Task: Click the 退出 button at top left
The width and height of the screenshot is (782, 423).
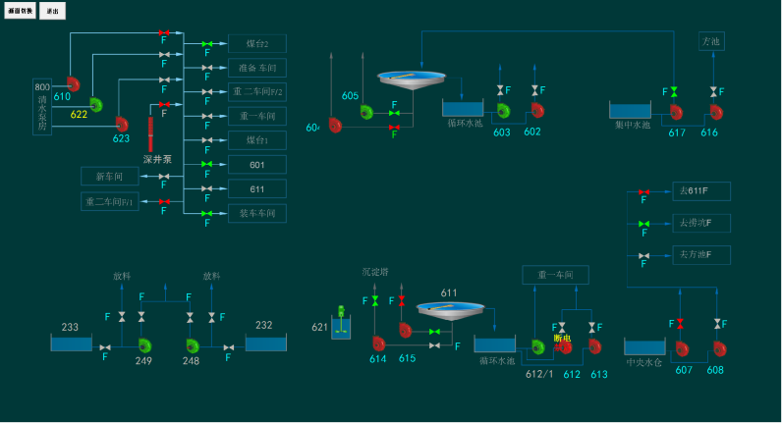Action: pos(52,11)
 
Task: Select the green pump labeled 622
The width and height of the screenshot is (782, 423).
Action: pos(95,103)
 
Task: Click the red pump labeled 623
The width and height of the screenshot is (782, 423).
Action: pos(122,124)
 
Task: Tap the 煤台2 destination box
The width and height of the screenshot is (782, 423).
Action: pos(257,44)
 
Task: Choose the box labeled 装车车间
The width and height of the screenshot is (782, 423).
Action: pos(257,213)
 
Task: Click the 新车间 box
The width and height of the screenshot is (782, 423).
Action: pos(109,177)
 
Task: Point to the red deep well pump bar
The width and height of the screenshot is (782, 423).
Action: pos(150,133)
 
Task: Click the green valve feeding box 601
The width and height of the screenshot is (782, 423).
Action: pos(207,164)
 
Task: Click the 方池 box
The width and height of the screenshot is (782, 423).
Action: pos(711,41)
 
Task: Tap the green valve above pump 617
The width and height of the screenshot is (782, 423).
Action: pos(674,91)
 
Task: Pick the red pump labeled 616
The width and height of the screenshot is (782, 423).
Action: pos(715,112)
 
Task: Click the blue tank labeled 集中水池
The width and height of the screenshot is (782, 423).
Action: pos(630,110)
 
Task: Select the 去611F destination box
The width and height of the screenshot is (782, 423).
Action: pos(700,191)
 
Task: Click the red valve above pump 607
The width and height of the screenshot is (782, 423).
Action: pos(679,323)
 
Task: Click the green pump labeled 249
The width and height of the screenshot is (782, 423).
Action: pos(145,344)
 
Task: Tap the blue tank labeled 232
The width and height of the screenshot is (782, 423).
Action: pos(265,343)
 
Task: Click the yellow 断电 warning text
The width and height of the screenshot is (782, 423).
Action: pos(562,338)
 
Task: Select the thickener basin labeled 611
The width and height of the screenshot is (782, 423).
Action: pos(450,310)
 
